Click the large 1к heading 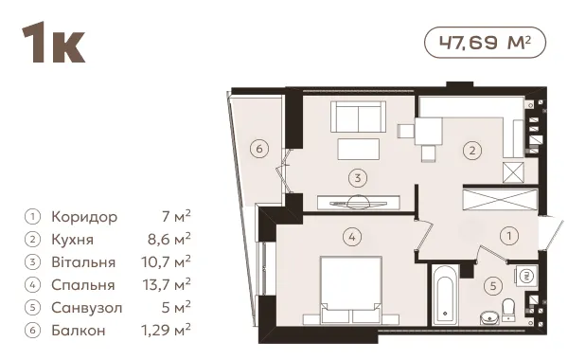tap(54, 43)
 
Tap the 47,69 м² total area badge tap(485, 43)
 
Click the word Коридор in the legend tap(84, 217)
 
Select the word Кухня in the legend tap(73, 240)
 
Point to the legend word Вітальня tap(83, 262)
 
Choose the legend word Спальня tap(83, 285)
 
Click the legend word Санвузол tap(87, 308)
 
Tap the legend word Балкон tap(79, 331)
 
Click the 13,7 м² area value tap(167, 284)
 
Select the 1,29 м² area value tap(166, 331)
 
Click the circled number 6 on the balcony tap(259, 149)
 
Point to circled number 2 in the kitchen tap(472, 150)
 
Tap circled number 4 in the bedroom tap(352, 238)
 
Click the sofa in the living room tap(358, 117)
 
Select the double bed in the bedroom tap(351, 290)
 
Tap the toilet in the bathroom tap(508, 309)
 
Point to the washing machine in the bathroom tap(525, 276)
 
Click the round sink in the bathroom tap(489, 318)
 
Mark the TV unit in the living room tap(359, 203)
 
